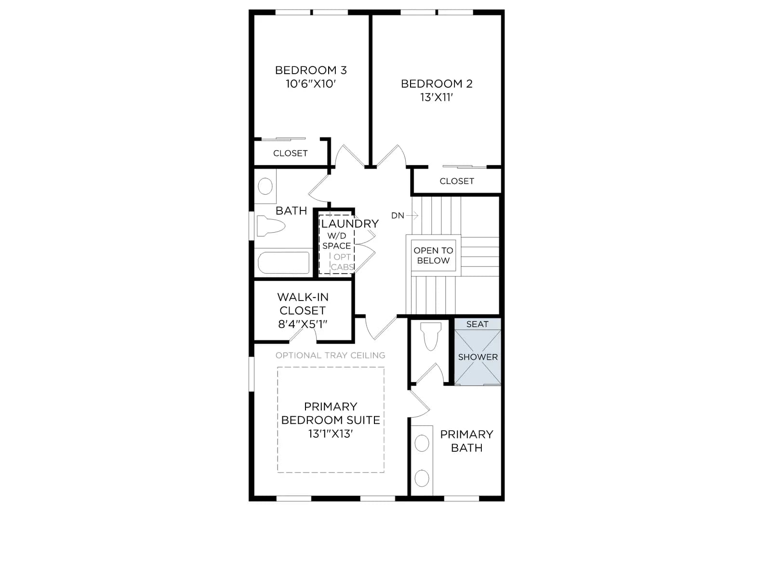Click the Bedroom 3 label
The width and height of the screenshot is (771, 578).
[311, 70]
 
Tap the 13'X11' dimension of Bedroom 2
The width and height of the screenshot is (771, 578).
[437, 97]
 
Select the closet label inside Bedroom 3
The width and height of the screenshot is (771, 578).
[290, 153]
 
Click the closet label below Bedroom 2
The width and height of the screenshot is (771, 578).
[457, 181]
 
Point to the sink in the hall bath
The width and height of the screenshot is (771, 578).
[265, 186]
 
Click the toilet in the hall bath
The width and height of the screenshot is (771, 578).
[270, 226]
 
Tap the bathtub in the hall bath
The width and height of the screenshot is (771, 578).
[283, 263]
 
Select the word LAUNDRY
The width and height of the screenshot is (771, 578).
[350, 223]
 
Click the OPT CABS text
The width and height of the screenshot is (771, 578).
[342, 262]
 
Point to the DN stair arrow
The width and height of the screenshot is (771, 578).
[412, 215]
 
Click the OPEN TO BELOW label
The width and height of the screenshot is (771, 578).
[433, 255]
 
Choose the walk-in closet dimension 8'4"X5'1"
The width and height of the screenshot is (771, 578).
[303, 324]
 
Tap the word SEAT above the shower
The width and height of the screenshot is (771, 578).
[478, 324]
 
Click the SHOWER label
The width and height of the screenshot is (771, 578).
[478, 357]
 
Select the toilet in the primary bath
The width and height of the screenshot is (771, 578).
[431, 337]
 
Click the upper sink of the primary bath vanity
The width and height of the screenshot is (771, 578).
[422, 443]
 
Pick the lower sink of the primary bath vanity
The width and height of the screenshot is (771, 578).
[422, 478]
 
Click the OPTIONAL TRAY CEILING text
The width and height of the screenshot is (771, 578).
[330, 355]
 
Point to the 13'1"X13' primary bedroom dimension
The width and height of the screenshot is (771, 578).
[331, 434]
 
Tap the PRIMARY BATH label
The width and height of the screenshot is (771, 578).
[466, 441]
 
